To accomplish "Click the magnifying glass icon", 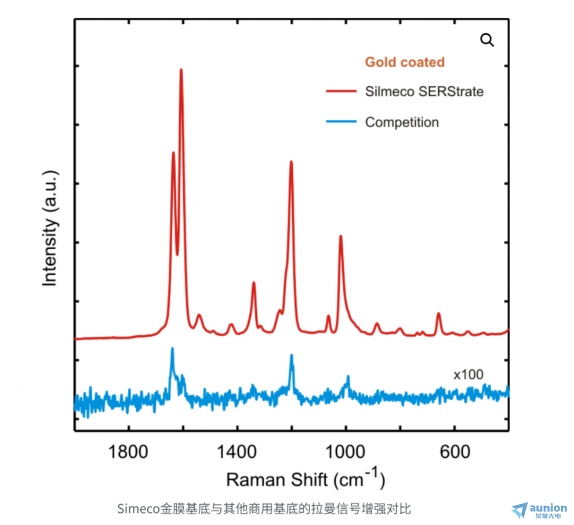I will (487, 40).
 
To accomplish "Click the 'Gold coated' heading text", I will (405, 62).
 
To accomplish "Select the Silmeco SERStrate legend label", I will (424, 92).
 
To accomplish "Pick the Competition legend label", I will (402, 122).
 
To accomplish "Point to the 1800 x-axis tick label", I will (129, 451).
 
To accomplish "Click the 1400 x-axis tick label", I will (237, 451).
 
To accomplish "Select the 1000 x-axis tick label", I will (346, 451).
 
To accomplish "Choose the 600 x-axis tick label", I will (454, 451).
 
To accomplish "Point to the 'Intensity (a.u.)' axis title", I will (51, 228).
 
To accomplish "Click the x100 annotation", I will (468, 375).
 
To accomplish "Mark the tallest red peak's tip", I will (181, 70).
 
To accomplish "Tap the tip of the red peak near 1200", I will (291, 162).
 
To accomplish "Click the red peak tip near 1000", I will (341, 236).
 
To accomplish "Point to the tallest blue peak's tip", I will (172, 348).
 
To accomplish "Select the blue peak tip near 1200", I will (292, 355).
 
